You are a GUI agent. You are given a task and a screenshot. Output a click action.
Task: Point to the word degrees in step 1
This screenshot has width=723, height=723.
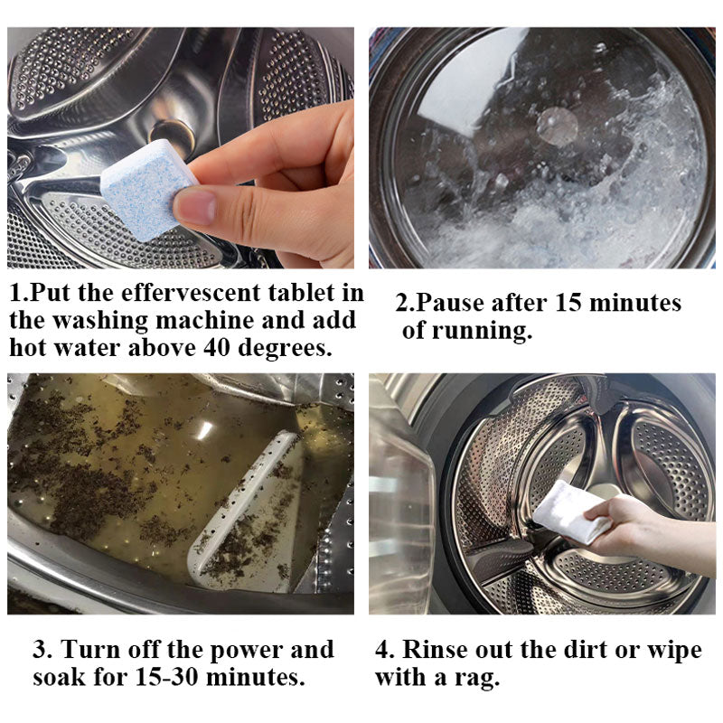pyautogui.click(x=285, y=349)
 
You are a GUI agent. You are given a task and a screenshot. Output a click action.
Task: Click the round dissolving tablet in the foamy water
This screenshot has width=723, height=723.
pyautogui.click(x=557, y=126)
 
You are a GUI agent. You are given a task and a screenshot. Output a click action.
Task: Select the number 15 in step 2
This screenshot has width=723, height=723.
pyautogui.click(x=568, y=303)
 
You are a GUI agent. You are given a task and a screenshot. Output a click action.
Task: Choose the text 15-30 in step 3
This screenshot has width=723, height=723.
pyautogui.click(x=167, y=677)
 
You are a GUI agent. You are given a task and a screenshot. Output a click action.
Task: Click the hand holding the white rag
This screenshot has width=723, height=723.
pyautogui.click(x=645, y=531)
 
